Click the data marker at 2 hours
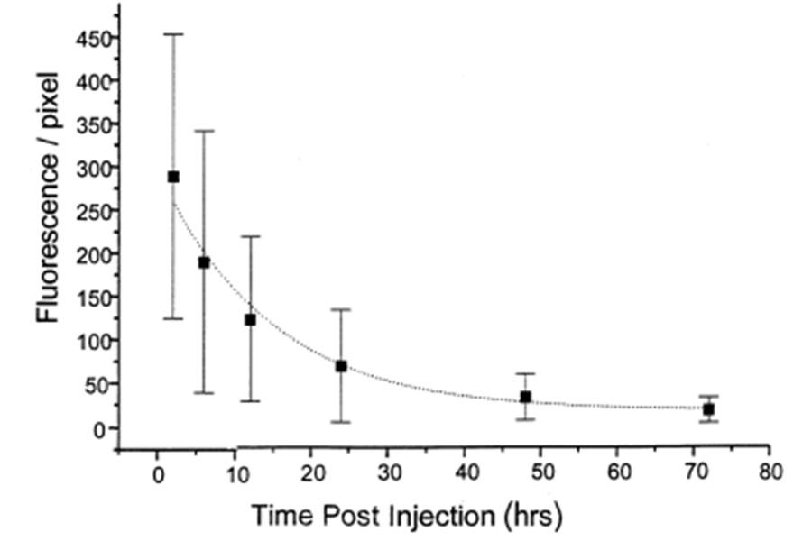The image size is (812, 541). pyautogui.click(x=173, y=177)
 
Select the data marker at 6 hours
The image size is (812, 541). pyautogui.click(x=204, y=262)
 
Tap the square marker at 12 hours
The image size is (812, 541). pyautogui.click(x=250, y=319)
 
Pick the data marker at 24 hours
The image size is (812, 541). pyautogui.click(x=341, y=366)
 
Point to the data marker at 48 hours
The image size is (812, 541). pyautogui.click(x=525, y=397)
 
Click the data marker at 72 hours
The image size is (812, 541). pyautogui.click(x=708, y=409)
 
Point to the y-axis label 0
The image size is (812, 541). pyautogui.click(x=100, y=427)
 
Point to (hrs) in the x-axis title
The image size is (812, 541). pyautogui.click(x=531, y=517)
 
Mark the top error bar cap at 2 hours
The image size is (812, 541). pyautogui.click(x=173, y=34)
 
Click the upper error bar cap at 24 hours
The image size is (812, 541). pyautogui.click(x=341, y=309)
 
